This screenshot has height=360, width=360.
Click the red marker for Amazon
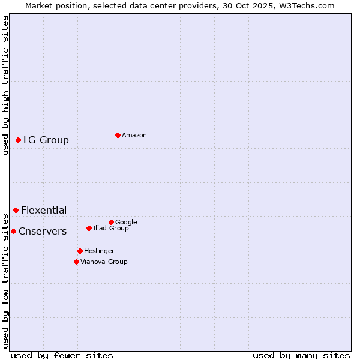click(118, 135)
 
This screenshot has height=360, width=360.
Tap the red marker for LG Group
click(18, 140)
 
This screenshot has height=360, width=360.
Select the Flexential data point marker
click(16, 210)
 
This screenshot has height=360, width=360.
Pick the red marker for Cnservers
click(13, 231)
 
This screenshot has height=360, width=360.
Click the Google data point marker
click(111, 222)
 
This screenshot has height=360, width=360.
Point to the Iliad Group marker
click(89, 228)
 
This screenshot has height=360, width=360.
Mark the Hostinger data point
click(80, 251)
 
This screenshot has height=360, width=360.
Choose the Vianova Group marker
click(76, 262)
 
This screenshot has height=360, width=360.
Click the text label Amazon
click(134, 136)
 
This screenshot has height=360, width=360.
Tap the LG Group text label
click(46, 140)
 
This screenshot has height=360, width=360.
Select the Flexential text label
click(44, 211)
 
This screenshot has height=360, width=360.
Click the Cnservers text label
click(43, 232)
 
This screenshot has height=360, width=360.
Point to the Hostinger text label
click(99, 251)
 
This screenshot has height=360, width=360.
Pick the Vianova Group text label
click(104, 262)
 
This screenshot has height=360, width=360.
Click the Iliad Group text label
click(111, 228)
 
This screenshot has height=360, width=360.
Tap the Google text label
click(126, 222)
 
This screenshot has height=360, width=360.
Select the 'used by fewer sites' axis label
click(62, 355)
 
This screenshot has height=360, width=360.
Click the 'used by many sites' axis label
click(301, 355)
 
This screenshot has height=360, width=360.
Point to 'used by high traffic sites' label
click(5, 86)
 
